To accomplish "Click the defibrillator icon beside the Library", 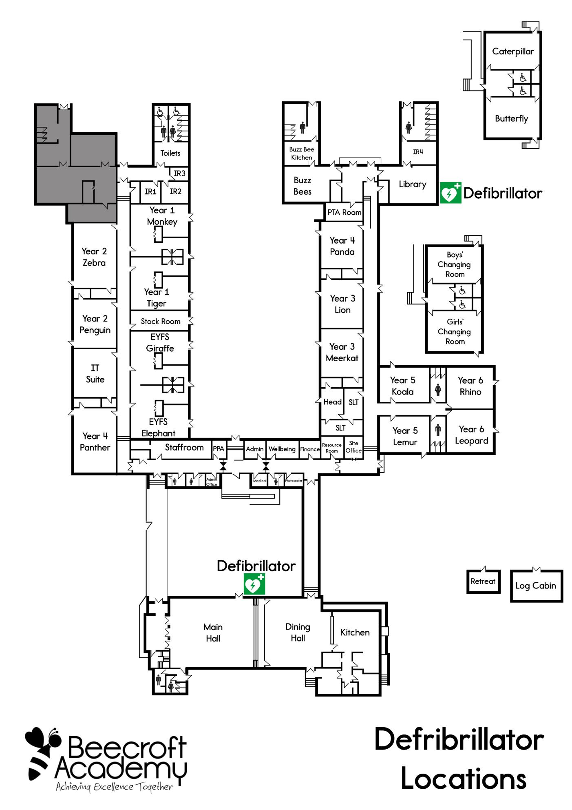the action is pyautogui.click(x=451, y=193).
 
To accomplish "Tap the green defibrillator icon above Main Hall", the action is pyautogui.click(x=254, y=584).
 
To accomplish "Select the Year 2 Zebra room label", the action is pyautogui.click(x=94, y=257).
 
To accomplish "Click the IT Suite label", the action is pyautogui.click(x=95, y=374).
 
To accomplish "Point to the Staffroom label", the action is pyautogui.click(x=184, y=447).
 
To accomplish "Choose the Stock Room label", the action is pyautogui.click(x=161, y=322).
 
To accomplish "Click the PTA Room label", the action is pyautogui.click(x=345, y=212).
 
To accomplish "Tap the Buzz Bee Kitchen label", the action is pyautogui.click(x=302, y=153).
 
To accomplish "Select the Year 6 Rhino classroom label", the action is pyautogui.click(x=470, y=386).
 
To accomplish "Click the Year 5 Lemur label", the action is pyautogui.click(x=405, y=436).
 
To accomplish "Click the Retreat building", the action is pyautogui.click(x=483, y=581).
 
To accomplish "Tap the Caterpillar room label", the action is pyautogui.click(x=513, y=51).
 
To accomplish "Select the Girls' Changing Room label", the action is pyautogui.click(x=455, y=331).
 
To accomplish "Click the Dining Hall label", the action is pyautogui.click(x=298, y=632).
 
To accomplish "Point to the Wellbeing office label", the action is pyautogui.click(x=282, y=449).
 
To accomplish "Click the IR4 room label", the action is pyautogui.click(x=418, y=152).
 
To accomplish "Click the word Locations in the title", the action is pyautogui.click(x=464, y=779).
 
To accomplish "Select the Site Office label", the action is pyautogui.click(x=353, y=447).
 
